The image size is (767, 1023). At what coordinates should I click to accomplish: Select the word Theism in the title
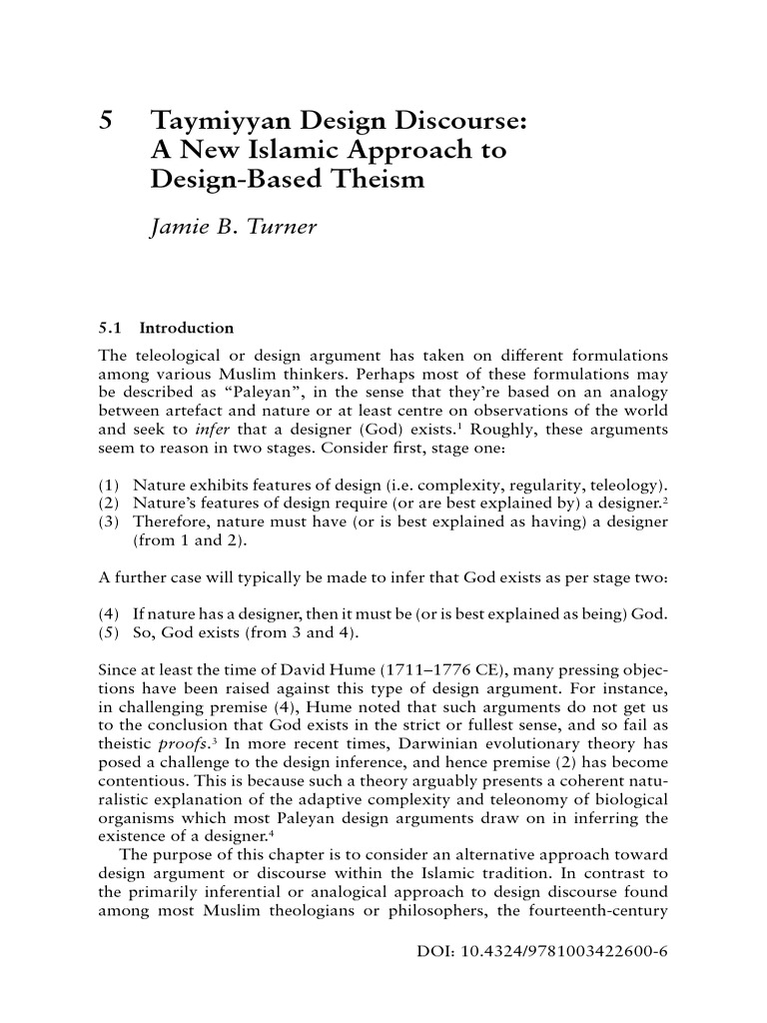coord(381,180)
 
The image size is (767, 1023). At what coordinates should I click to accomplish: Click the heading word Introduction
coord(187,328)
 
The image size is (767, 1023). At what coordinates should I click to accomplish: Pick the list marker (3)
coord(110,522)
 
